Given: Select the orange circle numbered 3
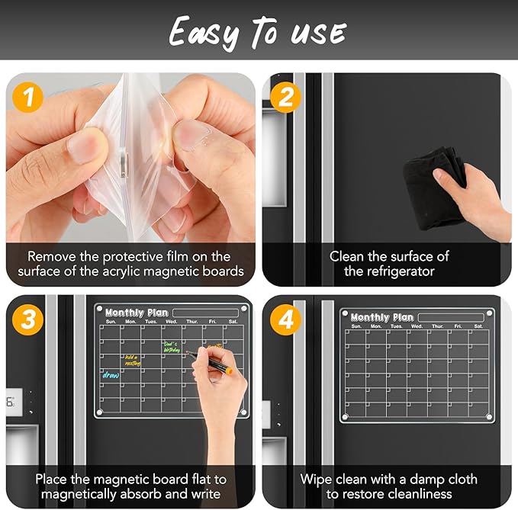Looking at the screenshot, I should pyautogui.click(x=28, y=320).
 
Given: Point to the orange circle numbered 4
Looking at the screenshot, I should pyautogui.click(x=286, y=320).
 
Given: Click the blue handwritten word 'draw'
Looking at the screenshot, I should pyautogui.click(x=111, y=375).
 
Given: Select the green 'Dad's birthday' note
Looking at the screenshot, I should pyautogui.click(x=172, y=347).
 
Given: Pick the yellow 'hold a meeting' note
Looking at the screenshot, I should pyautogui.click(x=132, y=360).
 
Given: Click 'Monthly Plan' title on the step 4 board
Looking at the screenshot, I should pyautogui.click(x=381, y=317).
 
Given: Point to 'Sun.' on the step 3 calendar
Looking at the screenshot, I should pyautogui.click(x=111, y=322).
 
